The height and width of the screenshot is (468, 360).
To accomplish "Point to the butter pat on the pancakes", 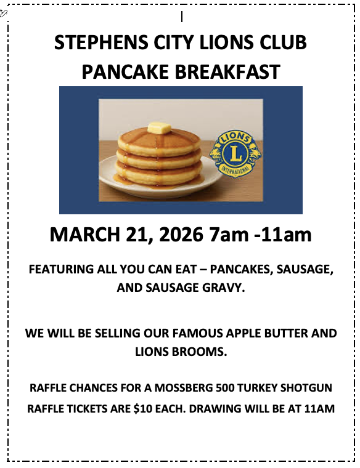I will (158, 128).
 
